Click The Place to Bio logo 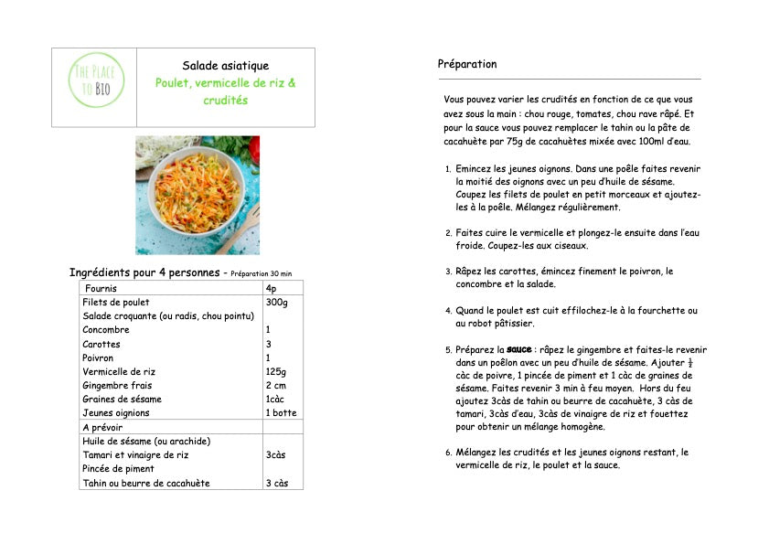[x=94, y=88]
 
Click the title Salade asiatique [x=225, y=66]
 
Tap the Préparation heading [x=467, y=64]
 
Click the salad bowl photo [x=198, y=195]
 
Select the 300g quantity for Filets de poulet [x=276, y=302]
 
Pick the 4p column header [x=271, y=288]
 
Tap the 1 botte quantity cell [x=281, y=413]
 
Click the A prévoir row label [x=102, y=427]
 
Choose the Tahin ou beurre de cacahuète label [x=146, y=483]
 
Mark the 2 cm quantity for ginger [x=276, y=386]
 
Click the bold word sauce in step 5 [x=519, y=349]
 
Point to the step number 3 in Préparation [x=448, y=272]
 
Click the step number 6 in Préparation [x=448, y=453]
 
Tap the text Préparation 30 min [x=262, y=273]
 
